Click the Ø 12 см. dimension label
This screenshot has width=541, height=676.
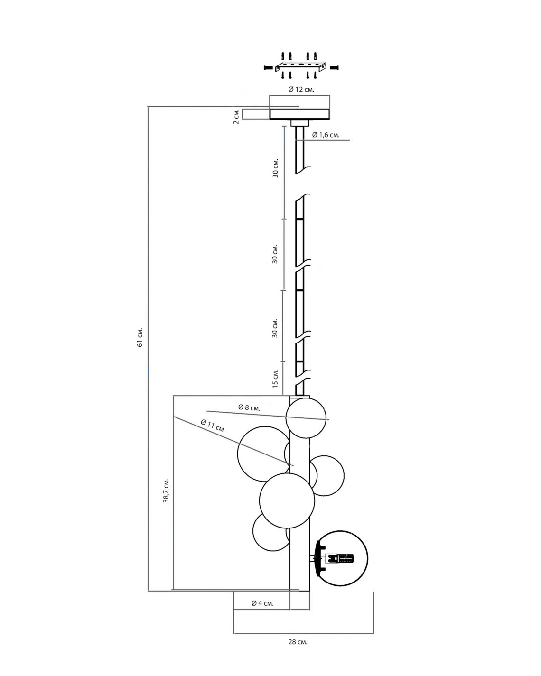tap(301, 89)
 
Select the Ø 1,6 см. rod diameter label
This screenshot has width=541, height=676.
tap(326, 135)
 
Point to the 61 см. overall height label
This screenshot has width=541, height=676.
tap(140, 337)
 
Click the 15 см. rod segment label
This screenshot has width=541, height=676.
tap(275, 378)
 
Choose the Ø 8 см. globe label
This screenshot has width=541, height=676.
tap(249, 407)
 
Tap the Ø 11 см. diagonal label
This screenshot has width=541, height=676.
tap(213, 426)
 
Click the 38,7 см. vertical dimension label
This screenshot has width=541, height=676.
tap(167, 490)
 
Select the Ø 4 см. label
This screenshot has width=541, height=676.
tap(262, 603)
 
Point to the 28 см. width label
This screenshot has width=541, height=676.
tap(298, 642)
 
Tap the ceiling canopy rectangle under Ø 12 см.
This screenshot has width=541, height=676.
tap(300, 114)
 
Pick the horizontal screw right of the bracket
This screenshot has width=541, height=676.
tap(335, 68)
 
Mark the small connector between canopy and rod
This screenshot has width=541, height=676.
tap(299, 123)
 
